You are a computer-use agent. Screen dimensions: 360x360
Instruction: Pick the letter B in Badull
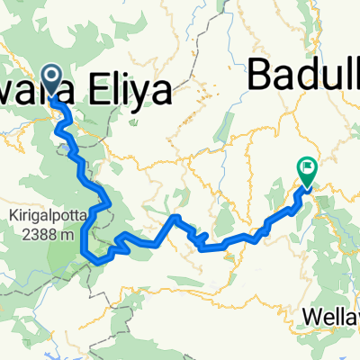pos(259,76)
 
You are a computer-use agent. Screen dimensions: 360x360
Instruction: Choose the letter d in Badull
pos(304,76)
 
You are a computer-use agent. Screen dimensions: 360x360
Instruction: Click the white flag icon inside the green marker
pos(308,165)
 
